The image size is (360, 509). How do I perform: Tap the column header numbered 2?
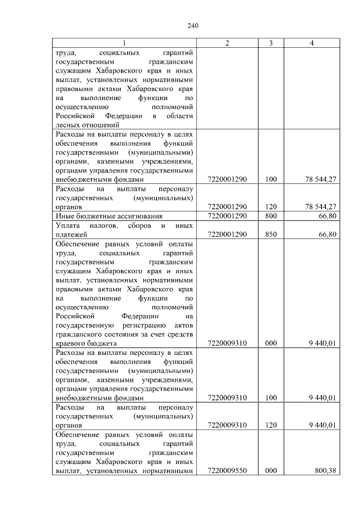click(227, 43)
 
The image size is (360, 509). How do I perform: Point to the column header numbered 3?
click(271, 43)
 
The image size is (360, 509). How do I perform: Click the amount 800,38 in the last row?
click(326, 471)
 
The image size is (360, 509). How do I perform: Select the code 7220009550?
click(227, 471)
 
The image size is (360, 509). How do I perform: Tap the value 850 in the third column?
click(271, 234)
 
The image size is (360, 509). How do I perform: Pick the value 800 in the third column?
click(271, 216)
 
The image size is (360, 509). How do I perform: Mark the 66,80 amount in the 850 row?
click(327, 234)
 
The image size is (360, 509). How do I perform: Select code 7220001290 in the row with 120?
click(227, 206)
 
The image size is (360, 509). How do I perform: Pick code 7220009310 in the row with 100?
click(227, 398)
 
